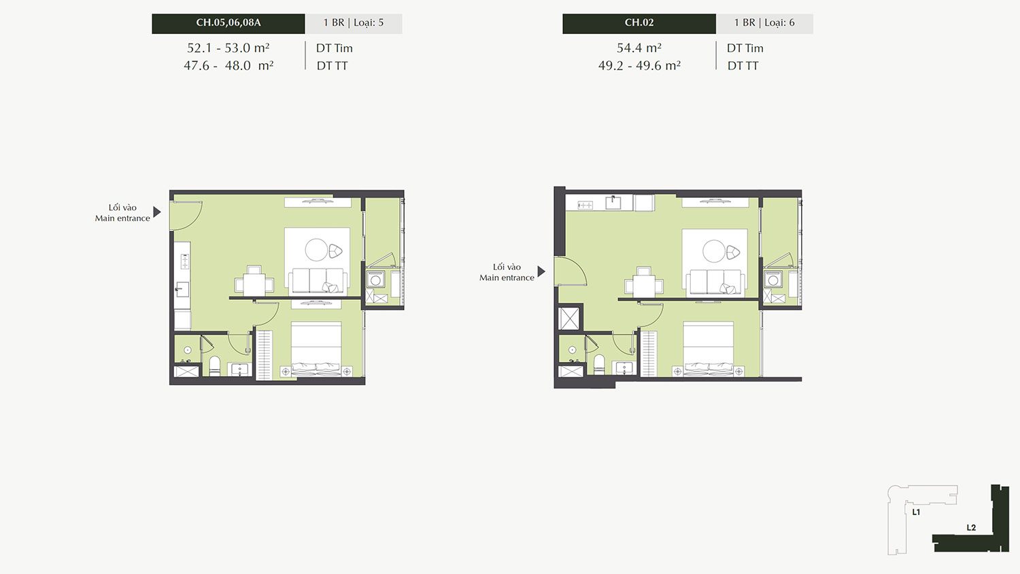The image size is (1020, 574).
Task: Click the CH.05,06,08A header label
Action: (x=228, y=22)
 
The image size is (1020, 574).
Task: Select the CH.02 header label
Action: (x=639, y=22)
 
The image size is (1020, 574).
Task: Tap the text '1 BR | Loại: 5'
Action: (x=354, y=22)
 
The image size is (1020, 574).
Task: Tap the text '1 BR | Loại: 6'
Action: (x=764, y=22)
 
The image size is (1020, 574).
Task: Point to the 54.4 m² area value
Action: (x=639, y=48)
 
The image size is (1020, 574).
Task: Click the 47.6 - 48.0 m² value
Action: (x=228, y=65)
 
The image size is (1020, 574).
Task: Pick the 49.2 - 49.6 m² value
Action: (x=639, y=65)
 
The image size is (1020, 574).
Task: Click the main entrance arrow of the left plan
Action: (x=156, y=212)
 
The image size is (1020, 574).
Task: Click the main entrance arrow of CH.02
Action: (x=541, y=271)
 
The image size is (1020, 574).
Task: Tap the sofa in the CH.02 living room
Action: (x=715, y=281)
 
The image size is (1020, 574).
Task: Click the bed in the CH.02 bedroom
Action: (x=708, y=348)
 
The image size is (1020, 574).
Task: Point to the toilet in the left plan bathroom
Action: (x=214, y=366)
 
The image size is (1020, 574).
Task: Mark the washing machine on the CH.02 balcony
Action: (x=772, y=280)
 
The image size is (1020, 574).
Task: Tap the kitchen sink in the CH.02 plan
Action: (x=613, y=202)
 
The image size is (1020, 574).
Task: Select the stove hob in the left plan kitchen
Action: (x=185, y=261)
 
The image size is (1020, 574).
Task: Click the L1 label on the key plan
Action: (x=916, y=513)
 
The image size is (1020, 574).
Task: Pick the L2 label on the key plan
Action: (x=971, y=528)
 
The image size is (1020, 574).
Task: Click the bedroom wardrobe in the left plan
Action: (x=264, y=355)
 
